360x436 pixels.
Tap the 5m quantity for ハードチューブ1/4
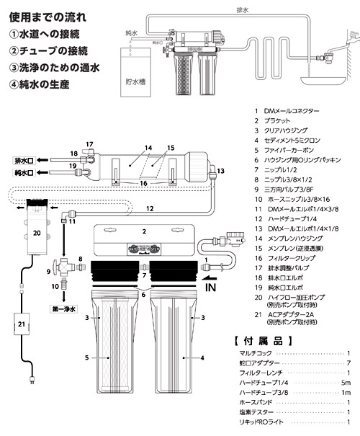(x=346, y=383)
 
